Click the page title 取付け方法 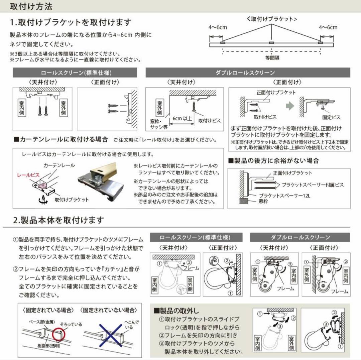click(x=31, y=6)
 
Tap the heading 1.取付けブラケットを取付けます click(x=71, y=22)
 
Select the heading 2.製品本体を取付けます click(x=58, y=220)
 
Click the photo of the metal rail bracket click(x=102, y=182)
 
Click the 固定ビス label click(x=331, y=118)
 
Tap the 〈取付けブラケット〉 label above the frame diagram click(x=272, y=19)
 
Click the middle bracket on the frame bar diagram click(x=271, y=43)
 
